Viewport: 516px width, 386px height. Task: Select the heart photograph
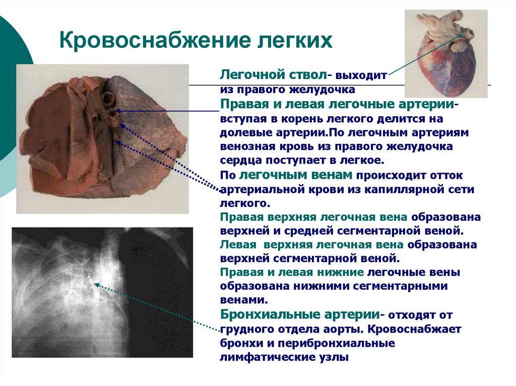[x=446, y=53]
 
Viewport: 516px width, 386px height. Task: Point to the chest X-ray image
[x=102, y=292]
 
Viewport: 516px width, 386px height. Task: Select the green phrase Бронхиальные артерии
[x=300, y=315]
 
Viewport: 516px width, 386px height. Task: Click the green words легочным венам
[x=298, y=176]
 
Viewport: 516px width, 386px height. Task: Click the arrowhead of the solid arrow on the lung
[x=117, y=111]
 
